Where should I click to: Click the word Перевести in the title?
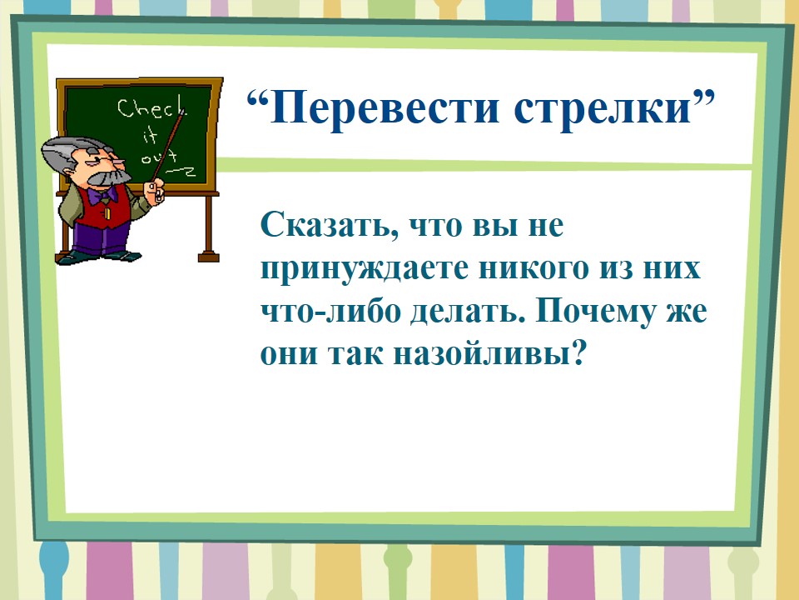pos(385,109)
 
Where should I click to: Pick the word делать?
pos(467,312)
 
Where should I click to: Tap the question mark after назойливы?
pos(578,353)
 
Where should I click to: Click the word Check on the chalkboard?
pos(151,107)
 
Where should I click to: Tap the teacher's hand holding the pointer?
pos(155,192)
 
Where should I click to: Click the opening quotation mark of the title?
pos(258,100)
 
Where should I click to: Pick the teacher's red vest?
pos(105,209)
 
